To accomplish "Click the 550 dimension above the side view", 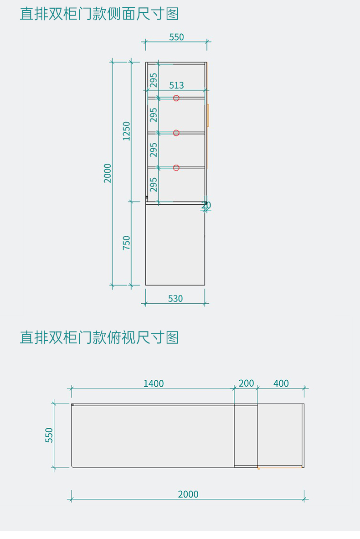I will (x=176, y=37).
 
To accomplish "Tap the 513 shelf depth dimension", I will (x=176, y=85).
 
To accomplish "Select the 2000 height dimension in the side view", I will (x=108, y=173).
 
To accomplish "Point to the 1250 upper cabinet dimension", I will (x=127, y=131).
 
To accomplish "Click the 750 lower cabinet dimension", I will (x=127, y=242).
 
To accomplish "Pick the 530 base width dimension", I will (x=175, y=299).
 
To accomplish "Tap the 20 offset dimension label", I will (x=206, y=205).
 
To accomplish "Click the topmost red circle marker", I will (x=176, y=98).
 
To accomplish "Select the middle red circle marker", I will (x=176, y=133).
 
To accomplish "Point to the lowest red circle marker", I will (x=176, y=168).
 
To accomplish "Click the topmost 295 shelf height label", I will (x=154, y=80).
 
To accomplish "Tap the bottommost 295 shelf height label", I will (x=154, y=185).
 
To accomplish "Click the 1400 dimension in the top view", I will (x=154, y=384).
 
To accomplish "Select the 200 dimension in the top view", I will (x=246, y=384).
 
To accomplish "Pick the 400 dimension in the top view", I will (x=281, y=384).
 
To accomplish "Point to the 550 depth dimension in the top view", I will (x=49, y=435).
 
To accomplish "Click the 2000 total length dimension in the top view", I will (x=188, y=494).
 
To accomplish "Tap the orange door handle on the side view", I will (x=208, y=115).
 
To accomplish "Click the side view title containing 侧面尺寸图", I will (x=99, y=14).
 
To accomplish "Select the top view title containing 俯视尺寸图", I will (x=99, y=337).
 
